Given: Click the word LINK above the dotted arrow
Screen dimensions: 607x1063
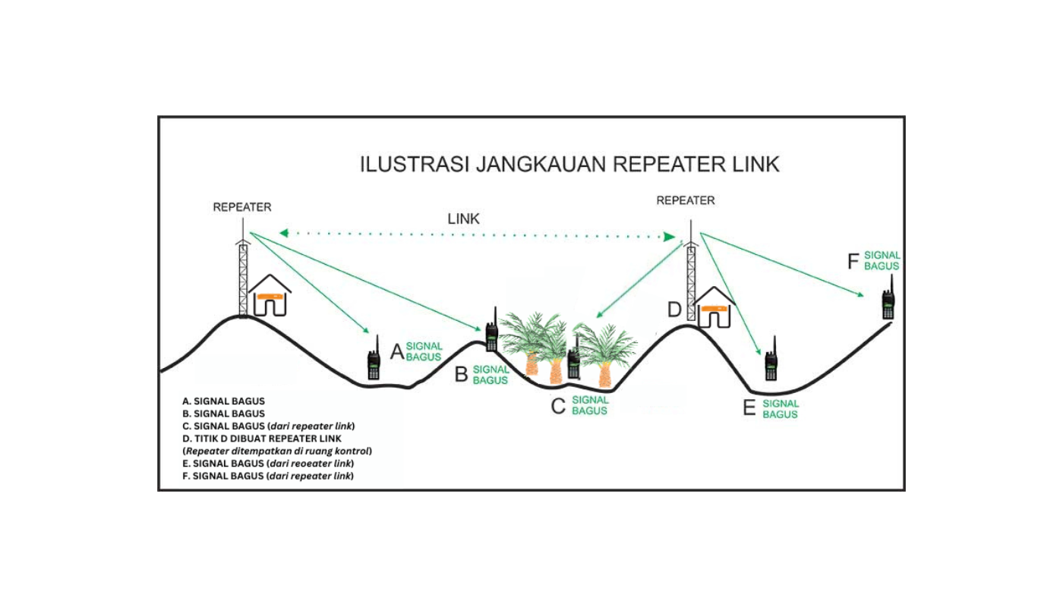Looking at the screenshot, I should click(x=463, y=219).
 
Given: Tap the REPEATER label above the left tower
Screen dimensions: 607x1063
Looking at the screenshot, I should click(x=241, y=206).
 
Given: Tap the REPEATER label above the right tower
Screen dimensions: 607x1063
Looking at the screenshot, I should click(x=685, y=201).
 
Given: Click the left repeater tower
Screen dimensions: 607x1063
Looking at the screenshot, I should click(x=243, y=277).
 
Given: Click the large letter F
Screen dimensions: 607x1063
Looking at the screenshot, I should click(x=853, y=263).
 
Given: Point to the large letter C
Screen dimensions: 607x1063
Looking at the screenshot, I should click(x=558, y=407).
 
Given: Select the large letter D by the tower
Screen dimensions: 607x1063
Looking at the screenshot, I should click(x=674, y=310).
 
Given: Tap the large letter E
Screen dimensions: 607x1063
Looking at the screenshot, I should click(x=749, y=410).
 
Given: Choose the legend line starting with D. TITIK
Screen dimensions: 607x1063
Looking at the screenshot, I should click(x=261, y=439).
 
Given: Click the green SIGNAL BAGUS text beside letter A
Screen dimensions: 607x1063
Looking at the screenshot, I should click(x=423, y=351).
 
